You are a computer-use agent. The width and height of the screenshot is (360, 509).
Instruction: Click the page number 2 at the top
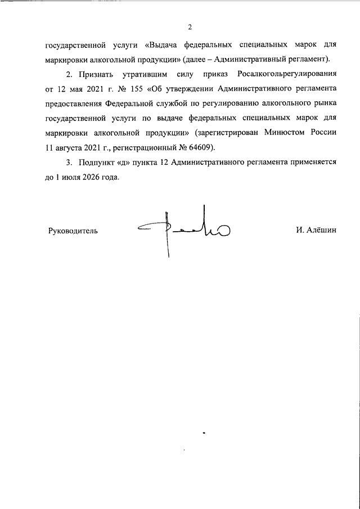tap(190, 26)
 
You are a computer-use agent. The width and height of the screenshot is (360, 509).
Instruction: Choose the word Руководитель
tap(73, 230)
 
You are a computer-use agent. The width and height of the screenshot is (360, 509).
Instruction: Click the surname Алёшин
tap(321, 230)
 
